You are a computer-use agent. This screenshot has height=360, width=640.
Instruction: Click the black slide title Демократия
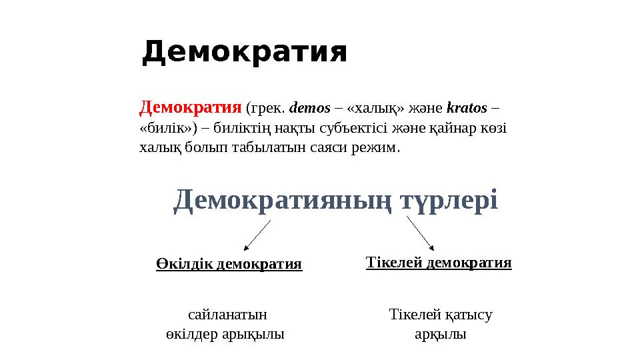pos(245,53)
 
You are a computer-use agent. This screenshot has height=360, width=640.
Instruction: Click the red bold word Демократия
pos(190,107)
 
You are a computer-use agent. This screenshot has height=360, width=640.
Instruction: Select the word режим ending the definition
pos(378,146)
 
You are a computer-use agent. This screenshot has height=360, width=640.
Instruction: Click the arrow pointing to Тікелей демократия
pos(421,233)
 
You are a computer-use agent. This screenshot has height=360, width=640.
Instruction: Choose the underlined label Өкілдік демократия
pos(229,264)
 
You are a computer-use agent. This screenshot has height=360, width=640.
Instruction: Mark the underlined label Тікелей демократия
pos(439,263)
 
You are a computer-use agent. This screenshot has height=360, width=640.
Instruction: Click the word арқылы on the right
pos(440,334)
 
